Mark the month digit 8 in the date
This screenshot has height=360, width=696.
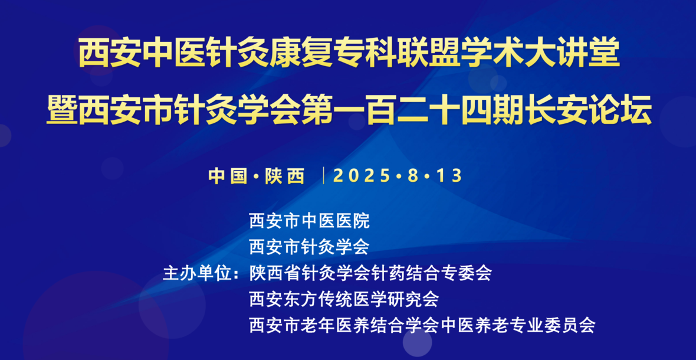point(413,176)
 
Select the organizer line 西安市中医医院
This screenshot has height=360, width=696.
point(310,221)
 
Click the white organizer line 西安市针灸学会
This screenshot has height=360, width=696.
point(310,247)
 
